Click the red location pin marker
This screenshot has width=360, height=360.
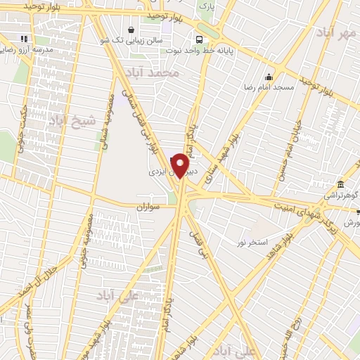click(181, 166)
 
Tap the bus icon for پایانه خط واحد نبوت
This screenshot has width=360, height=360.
click(200, 39)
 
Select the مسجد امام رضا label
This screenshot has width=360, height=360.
click(268, 87)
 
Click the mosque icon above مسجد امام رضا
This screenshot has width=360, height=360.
click(268, 77)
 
